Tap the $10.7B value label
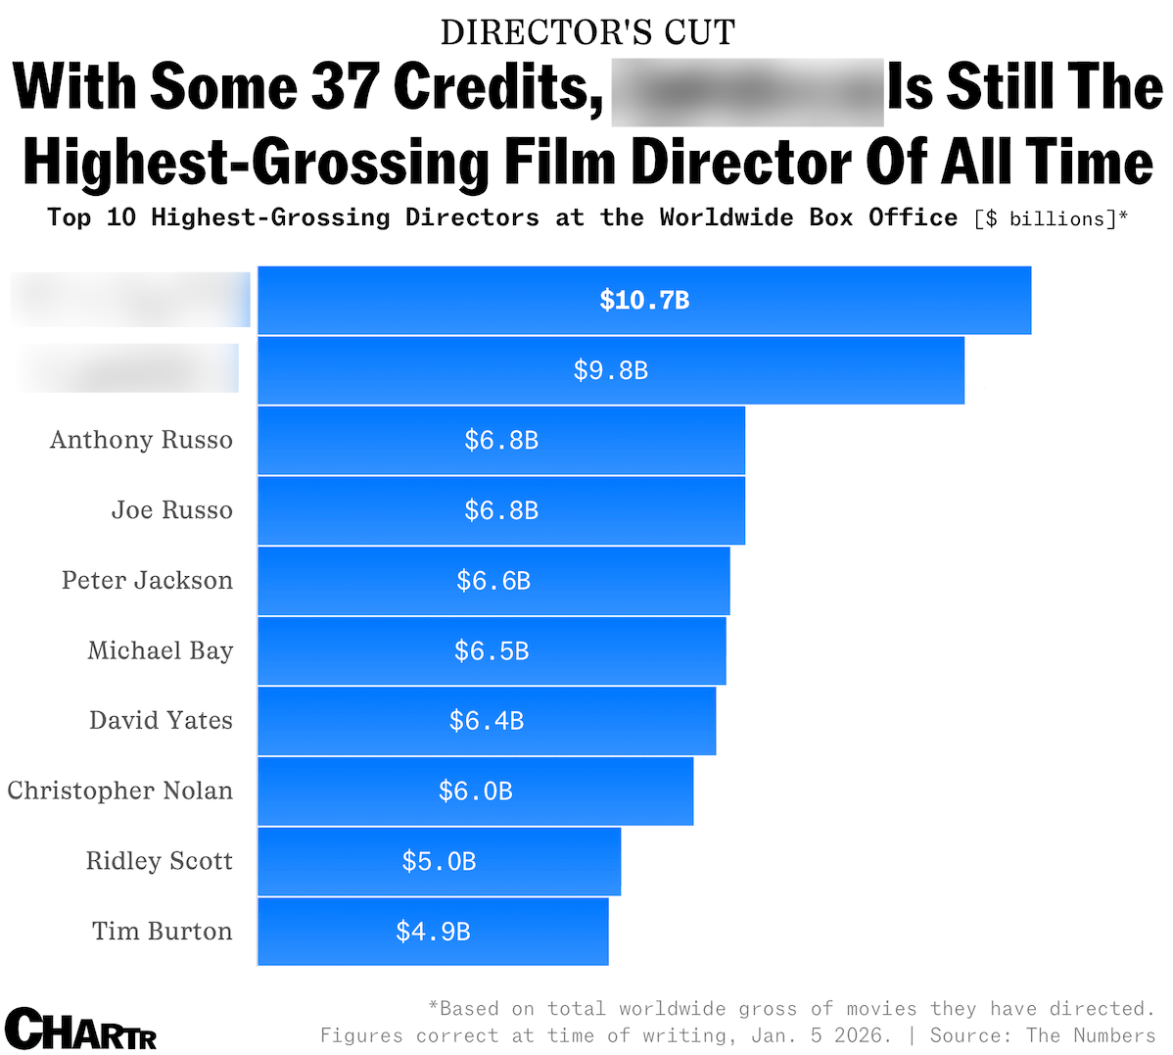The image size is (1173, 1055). click(644, 300)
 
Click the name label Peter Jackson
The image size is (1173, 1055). click(147, 580)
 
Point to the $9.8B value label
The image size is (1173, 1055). click(611, 370)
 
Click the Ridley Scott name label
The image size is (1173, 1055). click(159, 861)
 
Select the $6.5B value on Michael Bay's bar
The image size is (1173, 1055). click(492, 650)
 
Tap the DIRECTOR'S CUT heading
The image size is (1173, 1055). click(587, 32)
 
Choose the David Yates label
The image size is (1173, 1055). click(161, 721)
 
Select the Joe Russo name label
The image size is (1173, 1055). click(171, 510)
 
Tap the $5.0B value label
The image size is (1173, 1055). click(439, 861)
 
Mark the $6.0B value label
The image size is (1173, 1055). click(476, 791)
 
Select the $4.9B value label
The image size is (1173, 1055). click(433, 931)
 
